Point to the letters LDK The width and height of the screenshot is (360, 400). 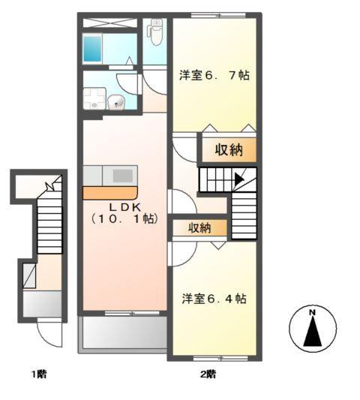(124, 206)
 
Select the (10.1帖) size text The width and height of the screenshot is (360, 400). (124, 219)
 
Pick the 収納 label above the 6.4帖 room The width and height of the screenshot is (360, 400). (199, 227)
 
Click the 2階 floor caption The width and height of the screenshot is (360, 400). (208, 374)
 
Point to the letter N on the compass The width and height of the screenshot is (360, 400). (313, 311)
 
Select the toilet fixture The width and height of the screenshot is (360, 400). (155, 32)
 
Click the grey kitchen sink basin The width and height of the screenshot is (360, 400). (121, 175)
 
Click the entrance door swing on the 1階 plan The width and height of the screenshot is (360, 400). (49, 335)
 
